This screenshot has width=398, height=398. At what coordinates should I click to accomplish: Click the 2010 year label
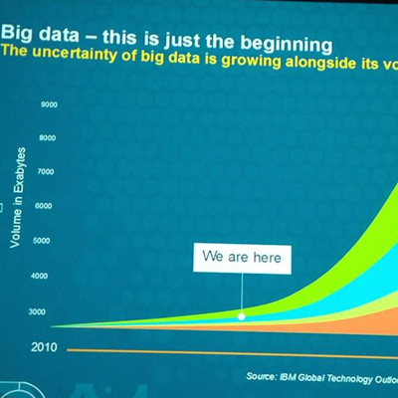pos(42,348)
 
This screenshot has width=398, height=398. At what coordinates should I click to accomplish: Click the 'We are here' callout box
pos(242,258)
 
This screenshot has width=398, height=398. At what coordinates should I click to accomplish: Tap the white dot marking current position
pos(241,316)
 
